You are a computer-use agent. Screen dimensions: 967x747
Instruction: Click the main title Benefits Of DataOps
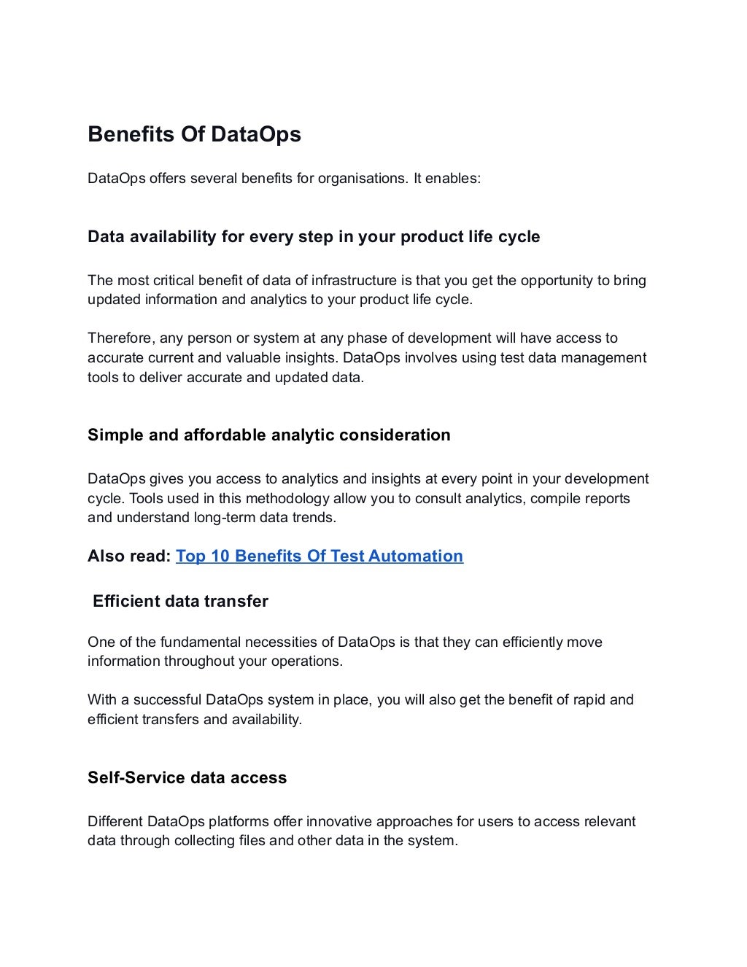[194, 135]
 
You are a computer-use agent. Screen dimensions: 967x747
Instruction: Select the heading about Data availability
[314, 237]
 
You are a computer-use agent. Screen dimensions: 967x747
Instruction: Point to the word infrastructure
[354, 281]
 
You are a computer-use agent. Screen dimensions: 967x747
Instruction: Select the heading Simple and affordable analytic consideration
[268, 435]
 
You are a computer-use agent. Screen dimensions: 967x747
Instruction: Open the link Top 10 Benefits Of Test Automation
[319, 556]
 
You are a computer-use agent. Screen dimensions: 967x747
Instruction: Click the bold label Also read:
[129, 556]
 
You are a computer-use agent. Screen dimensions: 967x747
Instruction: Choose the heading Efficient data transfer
[180, 602]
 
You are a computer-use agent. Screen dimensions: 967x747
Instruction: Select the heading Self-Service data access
[187, 778]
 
